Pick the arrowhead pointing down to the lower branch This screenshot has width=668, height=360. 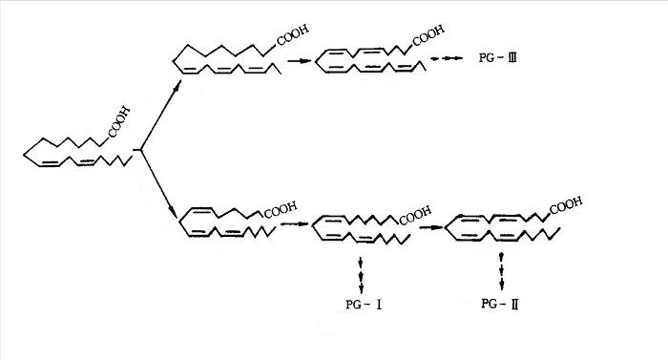(x=178, y=212)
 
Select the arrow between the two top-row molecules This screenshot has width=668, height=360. (x=299, y=61)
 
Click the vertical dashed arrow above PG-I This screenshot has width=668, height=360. (x=361, y=271)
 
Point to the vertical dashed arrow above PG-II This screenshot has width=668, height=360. (x=503, y=271)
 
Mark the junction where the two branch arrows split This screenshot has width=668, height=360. (x=142, y=150)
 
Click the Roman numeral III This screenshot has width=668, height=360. (x=511, y=58)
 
